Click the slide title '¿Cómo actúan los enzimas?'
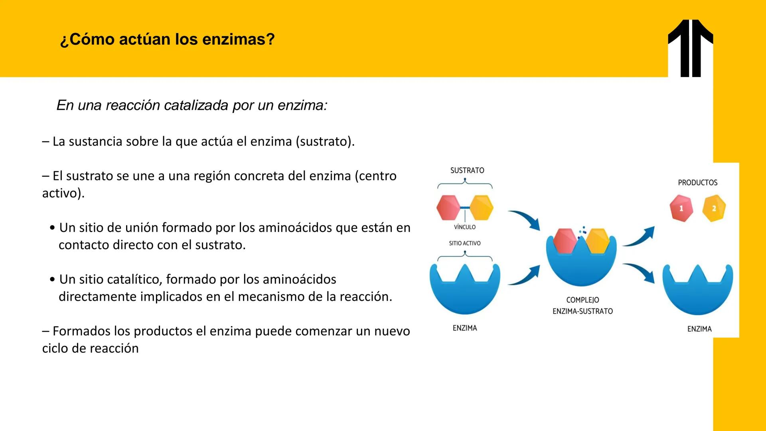point(167,40)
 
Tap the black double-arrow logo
point(690,48)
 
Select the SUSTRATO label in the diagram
point(467,170)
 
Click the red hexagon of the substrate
point(448,208)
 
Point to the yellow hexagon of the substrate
point(482,208)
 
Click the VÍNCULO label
point(465,227)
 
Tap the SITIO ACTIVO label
point(465,243)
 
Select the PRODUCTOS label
point(697,183)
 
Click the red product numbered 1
point(681,208)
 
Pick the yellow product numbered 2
point(714,208)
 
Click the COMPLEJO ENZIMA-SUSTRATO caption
point(582,305)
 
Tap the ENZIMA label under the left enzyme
point(465,328)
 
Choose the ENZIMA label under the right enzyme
point(699,329)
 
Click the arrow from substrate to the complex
point(525,219)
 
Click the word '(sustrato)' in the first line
point(325,142)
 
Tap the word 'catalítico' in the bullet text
point(132,279)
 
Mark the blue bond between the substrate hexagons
point(465,208)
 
